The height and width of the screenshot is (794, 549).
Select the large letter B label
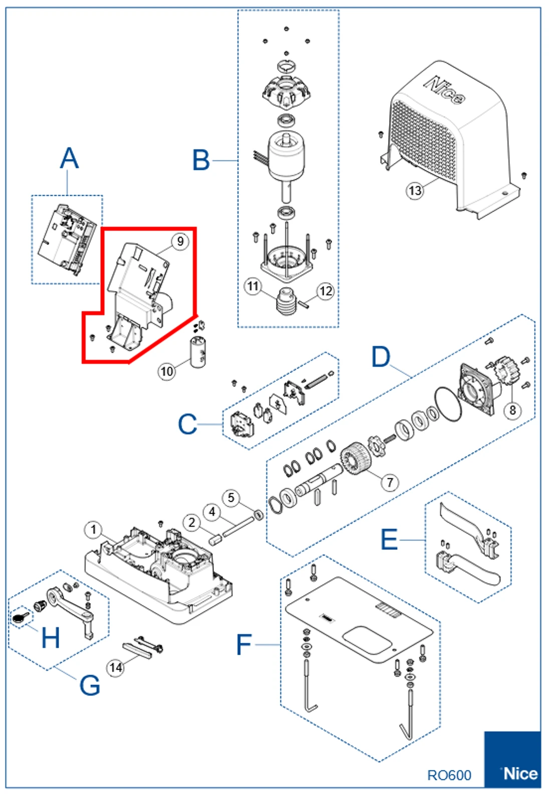pos(201,160)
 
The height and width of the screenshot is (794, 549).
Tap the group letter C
pos(187,424)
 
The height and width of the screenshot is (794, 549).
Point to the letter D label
pos(381,357)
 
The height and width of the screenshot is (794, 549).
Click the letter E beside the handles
pos(389,540)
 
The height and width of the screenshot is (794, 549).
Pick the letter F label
pos(243,645)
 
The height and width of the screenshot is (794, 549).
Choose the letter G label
pos(90,685)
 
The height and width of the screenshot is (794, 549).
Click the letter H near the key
pos(50,638)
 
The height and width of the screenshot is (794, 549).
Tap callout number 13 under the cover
pos(415,190)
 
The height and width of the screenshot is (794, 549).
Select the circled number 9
pos(180,241)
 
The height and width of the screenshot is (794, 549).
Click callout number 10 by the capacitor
pos(167,371)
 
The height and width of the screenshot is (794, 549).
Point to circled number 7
pos(390,482)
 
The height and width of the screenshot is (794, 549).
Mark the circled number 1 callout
pos(93,530)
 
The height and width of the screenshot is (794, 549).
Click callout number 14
pos(116,668)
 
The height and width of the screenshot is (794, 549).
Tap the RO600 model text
pos(449,775)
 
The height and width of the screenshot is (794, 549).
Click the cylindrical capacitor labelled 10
pos(198,353)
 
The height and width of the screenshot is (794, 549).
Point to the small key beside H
pos(19,618)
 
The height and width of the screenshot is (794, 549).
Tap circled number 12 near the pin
pos(326,291)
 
